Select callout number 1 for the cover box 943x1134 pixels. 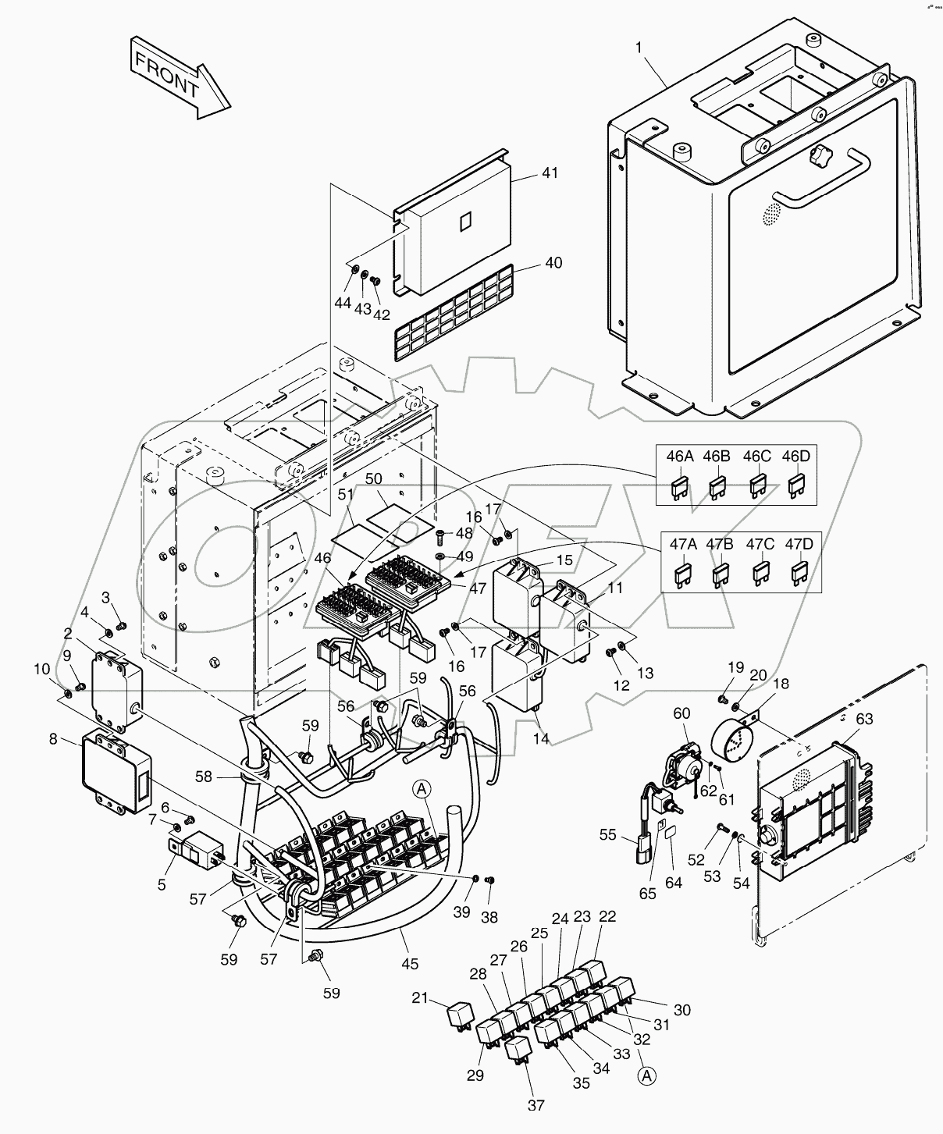click(639, 48)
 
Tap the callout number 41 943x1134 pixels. click(550, 173)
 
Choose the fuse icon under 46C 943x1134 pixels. click(756, 488)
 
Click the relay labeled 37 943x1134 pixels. click(517, 1047)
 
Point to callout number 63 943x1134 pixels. click(864, 719)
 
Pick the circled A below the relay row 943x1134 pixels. click(646, 1076)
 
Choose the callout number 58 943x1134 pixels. click(204, 777)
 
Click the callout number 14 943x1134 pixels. click(541, 738)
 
